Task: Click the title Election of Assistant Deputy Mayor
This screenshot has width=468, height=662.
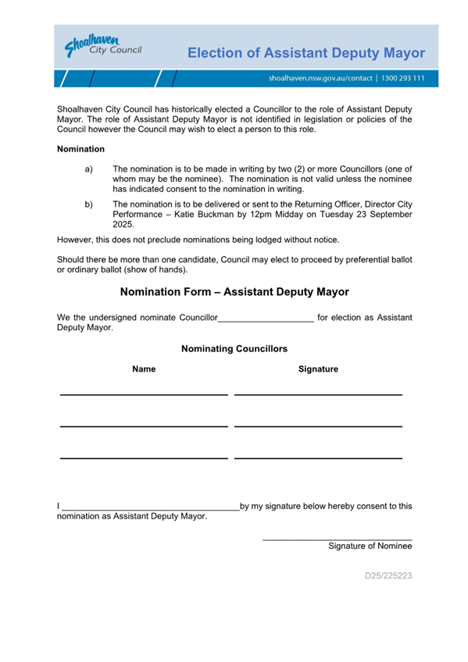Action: pyautogui.click(x=306, y=53)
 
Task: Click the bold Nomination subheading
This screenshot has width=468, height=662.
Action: pyautogui.click(x=80, y=148)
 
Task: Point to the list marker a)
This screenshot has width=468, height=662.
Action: pyautogui.click(x=88, y=169)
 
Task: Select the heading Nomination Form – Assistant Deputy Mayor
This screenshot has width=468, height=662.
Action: pyautogui.click(x=234, y=291)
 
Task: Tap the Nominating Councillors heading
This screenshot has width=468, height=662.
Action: pyautogui.click(x=234, y=349)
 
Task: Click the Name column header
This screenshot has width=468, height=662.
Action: pyautogui.click(x=144, y=369)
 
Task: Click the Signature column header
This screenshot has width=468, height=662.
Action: pyautogui.click(x=318, y=369)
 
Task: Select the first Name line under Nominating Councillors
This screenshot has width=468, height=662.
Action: pyautogui.click(x=144, y=394)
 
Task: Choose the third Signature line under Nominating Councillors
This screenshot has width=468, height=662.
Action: pyautogui.click(x=318, y=457)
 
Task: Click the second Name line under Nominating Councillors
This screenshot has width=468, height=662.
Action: pyautogui.click(x=144, y=425)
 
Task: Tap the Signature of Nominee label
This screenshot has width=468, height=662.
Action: pyautogui.click(x=370, y=546)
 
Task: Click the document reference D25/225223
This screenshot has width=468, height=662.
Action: pyautogui.click(x=388, y=576)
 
